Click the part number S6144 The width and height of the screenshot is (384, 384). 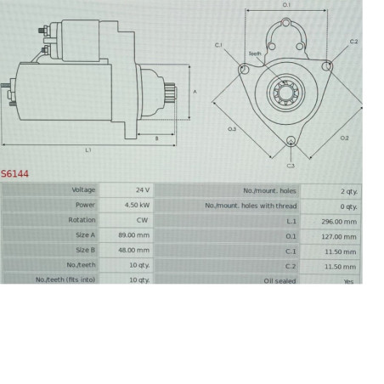14,174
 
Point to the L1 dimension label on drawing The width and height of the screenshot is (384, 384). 88,150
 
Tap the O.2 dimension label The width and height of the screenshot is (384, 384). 344,137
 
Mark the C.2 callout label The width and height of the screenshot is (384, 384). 353,42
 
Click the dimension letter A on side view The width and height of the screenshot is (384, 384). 195,92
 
